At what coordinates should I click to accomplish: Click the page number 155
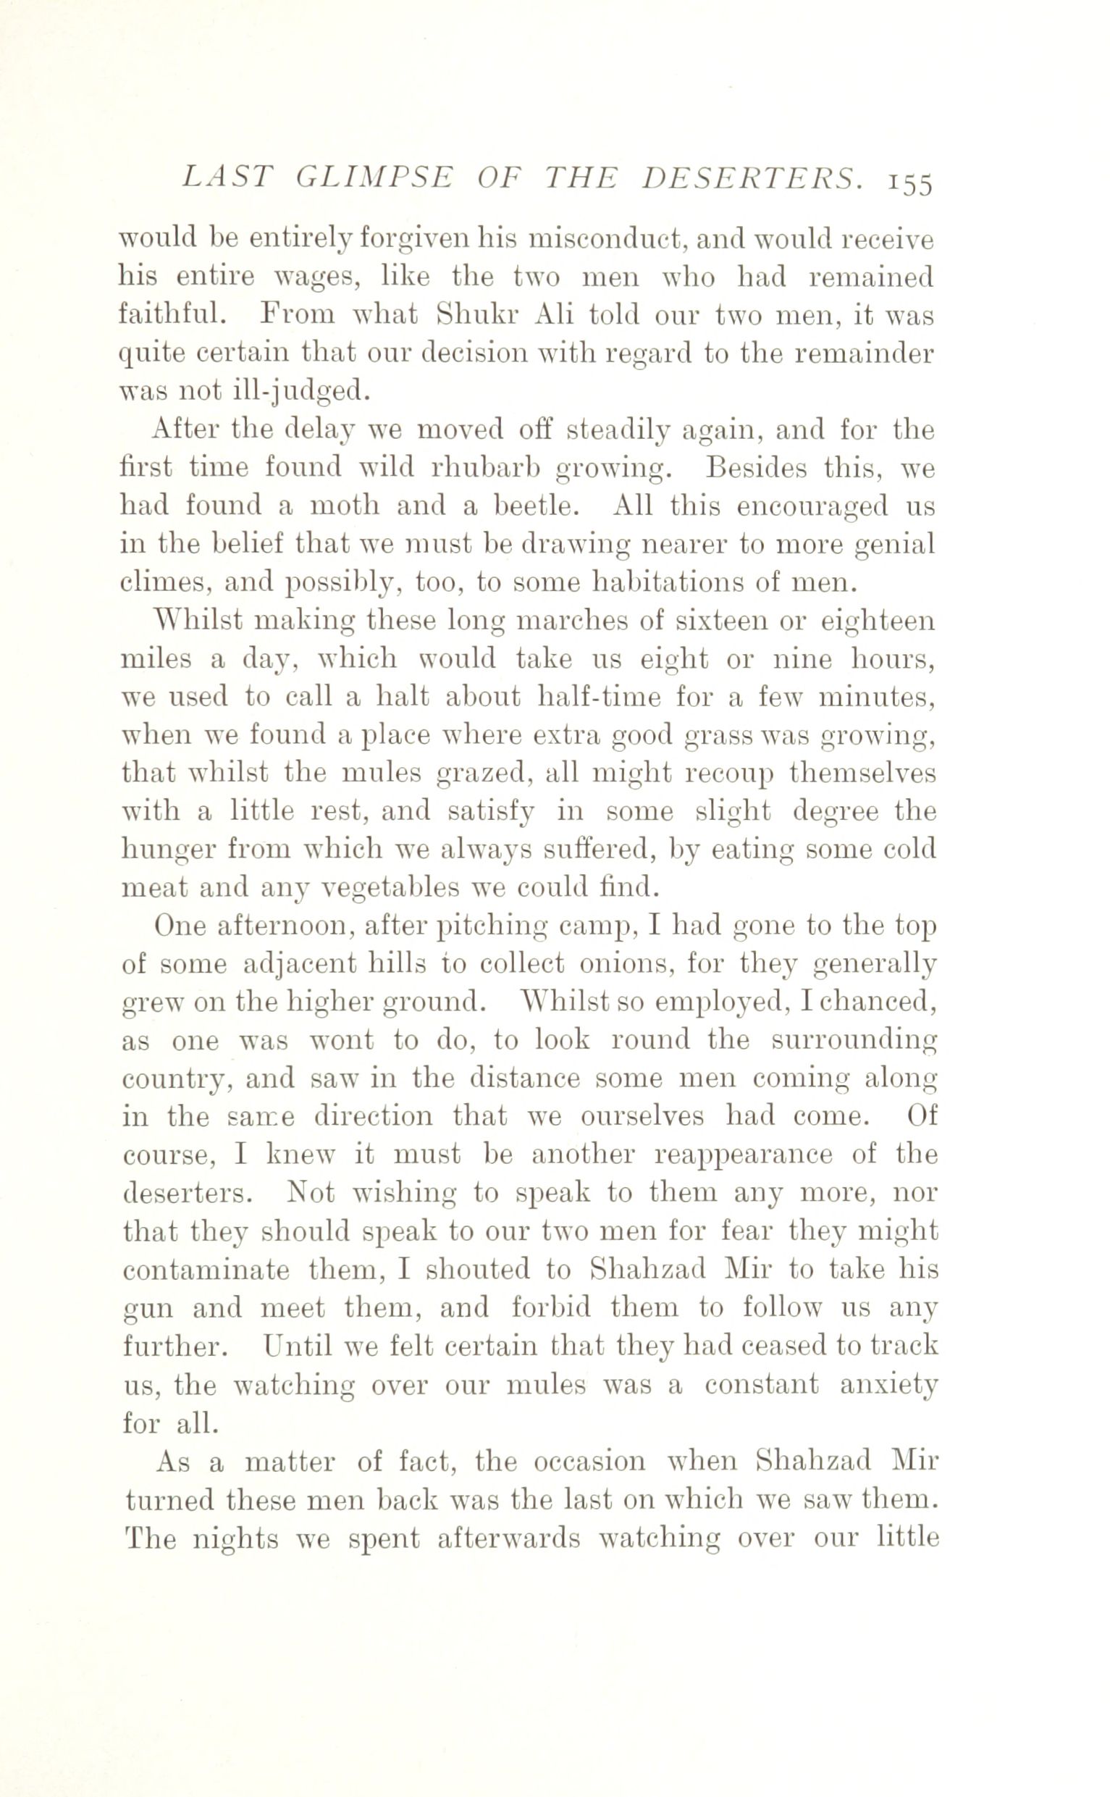point(910,183)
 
